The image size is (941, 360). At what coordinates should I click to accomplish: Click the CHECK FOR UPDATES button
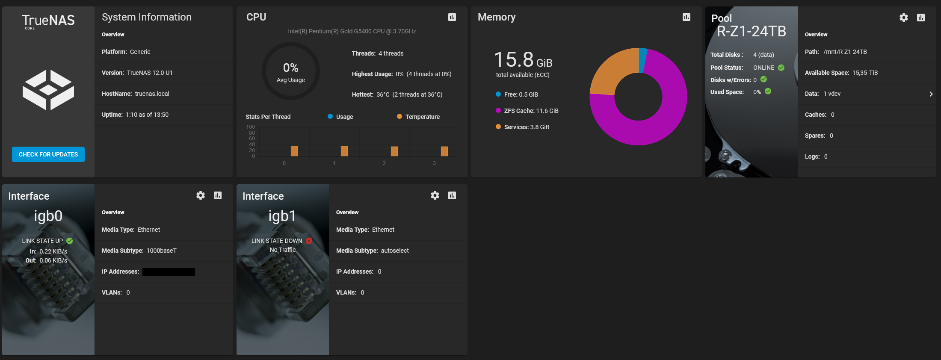48,154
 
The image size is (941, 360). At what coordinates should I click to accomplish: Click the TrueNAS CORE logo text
48,21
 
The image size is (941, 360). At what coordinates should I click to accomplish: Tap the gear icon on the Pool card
903,18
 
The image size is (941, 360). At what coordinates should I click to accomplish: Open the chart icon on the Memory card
687,17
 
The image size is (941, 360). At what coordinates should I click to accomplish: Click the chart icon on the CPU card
452,17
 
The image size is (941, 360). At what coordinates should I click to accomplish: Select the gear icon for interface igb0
201,195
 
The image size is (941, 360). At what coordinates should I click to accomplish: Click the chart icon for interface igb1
452,195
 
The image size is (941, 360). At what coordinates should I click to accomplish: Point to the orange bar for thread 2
394,151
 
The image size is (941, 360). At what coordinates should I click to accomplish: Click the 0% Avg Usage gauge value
291,68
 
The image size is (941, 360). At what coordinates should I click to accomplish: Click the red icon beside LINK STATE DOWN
309,241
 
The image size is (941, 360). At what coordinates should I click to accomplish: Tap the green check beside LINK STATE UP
70,241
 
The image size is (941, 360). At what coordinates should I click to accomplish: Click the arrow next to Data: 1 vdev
931,94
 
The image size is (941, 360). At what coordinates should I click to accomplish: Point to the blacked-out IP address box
169,272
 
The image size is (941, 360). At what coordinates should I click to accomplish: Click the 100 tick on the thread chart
251,127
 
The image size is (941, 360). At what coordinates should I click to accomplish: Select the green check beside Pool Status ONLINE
781,68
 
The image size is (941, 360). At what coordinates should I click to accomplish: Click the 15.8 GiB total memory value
523,60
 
